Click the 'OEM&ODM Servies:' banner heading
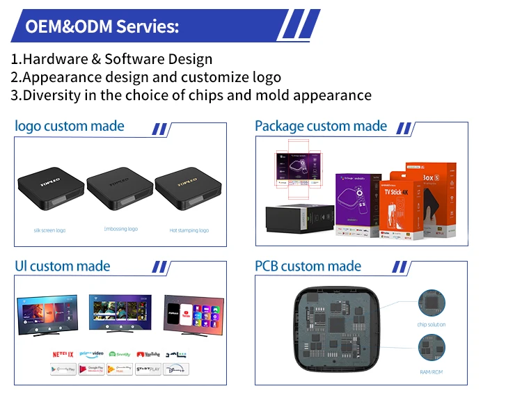coord(102,27)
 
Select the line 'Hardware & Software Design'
coord(111,59)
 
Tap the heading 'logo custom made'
coord(70,126)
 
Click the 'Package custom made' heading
coord(321,126)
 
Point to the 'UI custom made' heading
coord(63,266)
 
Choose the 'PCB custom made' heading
coord(308,266)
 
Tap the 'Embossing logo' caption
coord(120,229)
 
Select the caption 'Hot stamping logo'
coord(189,230)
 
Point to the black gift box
coord(299,219)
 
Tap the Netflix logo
coord(62,355)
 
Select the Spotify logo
coord(120,355)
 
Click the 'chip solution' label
coord(432,325)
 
